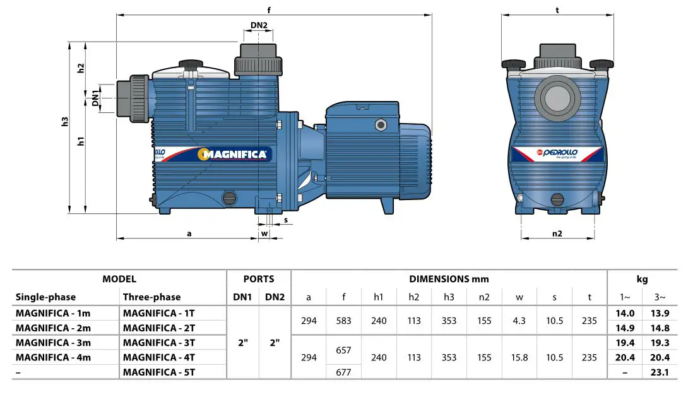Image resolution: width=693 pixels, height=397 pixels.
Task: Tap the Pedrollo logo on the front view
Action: point(553,152)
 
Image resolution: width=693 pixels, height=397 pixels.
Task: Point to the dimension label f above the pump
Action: point(269,9)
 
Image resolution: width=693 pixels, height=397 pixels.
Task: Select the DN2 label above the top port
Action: point(259,26)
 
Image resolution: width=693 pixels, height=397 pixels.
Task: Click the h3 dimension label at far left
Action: point(64,122)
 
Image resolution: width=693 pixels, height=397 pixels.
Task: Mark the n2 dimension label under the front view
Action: point(557,233)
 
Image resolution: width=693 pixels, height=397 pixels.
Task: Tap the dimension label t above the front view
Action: point(557,9)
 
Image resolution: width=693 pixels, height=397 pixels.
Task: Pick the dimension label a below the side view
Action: point(189,233)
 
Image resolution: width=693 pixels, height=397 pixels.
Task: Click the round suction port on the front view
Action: point(557,98)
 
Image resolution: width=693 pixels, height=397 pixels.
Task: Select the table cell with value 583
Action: point(343,321)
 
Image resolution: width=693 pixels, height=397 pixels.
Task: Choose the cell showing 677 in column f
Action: point(343,372)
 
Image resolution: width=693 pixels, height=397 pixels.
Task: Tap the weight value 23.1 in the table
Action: point(660,372)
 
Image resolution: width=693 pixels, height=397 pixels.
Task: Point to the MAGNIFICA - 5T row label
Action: point(160,372)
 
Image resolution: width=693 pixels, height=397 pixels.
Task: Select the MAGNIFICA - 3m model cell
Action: point(54,343)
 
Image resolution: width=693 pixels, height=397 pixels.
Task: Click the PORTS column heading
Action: point(259,278)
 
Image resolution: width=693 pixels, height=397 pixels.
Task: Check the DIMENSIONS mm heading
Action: point(449,278)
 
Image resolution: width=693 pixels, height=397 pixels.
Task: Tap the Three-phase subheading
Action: point(151,297)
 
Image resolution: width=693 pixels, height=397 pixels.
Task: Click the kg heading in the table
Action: point(642,278)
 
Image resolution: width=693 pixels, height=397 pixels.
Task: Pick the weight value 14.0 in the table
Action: point(624,312)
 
